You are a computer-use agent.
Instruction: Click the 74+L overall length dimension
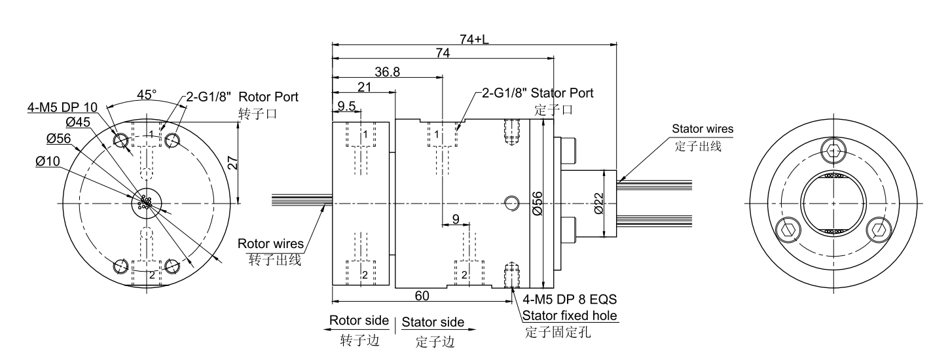coord(474,39)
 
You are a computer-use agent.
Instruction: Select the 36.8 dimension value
coord(388,72)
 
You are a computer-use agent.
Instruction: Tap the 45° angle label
coord(146,94)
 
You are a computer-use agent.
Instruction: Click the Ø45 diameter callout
coord(78,122)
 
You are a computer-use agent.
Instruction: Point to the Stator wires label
coord(703,129)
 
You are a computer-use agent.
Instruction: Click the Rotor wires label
coord(270,244)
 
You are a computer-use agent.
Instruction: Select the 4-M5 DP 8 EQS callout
coord(570,300)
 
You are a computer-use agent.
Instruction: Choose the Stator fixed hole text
coord(570,317)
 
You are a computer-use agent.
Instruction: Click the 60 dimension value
coord(422,296)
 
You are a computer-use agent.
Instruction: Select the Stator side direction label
coord(433,322)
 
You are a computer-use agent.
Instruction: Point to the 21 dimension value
coord(365,88)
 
